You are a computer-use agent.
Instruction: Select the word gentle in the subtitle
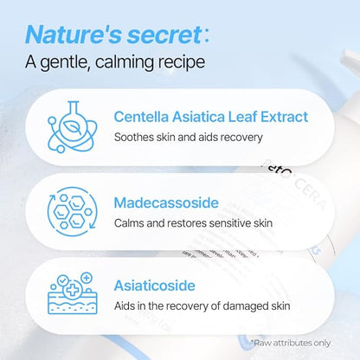click(x=63, y=63)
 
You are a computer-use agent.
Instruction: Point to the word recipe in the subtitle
click(x=182, y=63)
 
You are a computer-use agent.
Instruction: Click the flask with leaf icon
click(x=72, y=126)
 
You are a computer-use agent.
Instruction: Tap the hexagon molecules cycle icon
click(x=72, y=212)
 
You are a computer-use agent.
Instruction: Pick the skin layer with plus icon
click(x=73, y=293)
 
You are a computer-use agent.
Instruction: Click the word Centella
click(x=141, y=117)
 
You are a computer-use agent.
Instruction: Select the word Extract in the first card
click(x=284, y=117)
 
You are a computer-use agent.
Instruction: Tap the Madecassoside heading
click(x=166, y=202)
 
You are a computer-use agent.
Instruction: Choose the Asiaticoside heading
click(x=155, y=286)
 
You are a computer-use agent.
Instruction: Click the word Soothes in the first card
click(x=134, y=137)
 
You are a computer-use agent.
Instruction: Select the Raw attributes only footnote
click(x=290, y=343)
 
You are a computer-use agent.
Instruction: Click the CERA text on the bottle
click(x=310, y=193)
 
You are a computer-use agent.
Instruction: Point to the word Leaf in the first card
click(x=242, y=117)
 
